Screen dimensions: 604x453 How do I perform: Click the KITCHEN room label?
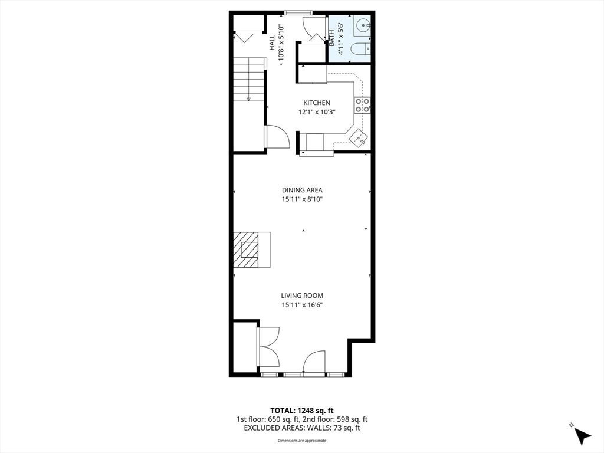(317, 103)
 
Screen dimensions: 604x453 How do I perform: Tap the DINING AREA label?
(302, 190)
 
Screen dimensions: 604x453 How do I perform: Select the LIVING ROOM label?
(302, 296)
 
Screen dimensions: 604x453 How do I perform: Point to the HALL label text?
(273, 42)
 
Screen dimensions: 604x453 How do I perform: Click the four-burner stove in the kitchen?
(362, 105)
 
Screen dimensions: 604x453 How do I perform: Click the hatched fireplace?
(251, 250)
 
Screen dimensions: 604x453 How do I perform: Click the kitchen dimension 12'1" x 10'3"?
(317, 113)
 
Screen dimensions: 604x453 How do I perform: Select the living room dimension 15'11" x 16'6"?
(302, 305)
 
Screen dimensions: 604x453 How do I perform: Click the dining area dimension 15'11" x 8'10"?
(302, 199)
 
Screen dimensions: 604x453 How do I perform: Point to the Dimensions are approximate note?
(302, 441)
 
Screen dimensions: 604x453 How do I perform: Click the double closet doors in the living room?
(268, 347)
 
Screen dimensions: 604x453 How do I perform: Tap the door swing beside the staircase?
(277, 137)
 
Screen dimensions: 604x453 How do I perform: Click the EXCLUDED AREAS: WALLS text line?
(302, 428)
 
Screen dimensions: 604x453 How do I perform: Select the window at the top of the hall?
(298, 13)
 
